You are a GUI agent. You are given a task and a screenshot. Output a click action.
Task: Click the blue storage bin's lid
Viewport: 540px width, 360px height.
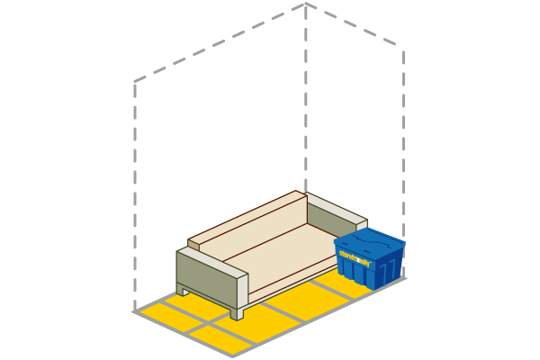[369, 240]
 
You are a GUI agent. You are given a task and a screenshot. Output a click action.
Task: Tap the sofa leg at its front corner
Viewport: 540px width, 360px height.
[237, 312]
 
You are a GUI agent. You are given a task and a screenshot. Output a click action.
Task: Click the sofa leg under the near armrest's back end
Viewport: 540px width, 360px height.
[184, 290]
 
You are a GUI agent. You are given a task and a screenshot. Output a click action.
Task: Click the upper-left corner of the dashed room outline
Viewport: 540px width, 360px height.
[134, 82]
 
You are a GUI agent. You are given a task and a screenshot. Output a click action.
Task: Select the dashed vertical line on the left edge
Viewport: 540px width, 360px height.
[134, 198]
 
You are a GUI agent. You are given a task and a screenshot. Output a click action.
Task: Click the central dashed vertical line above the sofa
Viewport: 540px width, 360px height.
[306, 99]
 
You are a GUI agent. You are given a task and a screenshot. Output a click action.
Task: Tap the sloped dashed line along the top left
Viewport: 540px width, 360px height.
[220, 42]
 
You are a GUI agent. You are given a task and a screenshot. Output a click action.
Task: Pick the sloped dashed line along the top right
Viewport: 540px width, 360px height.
[355, 28]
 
